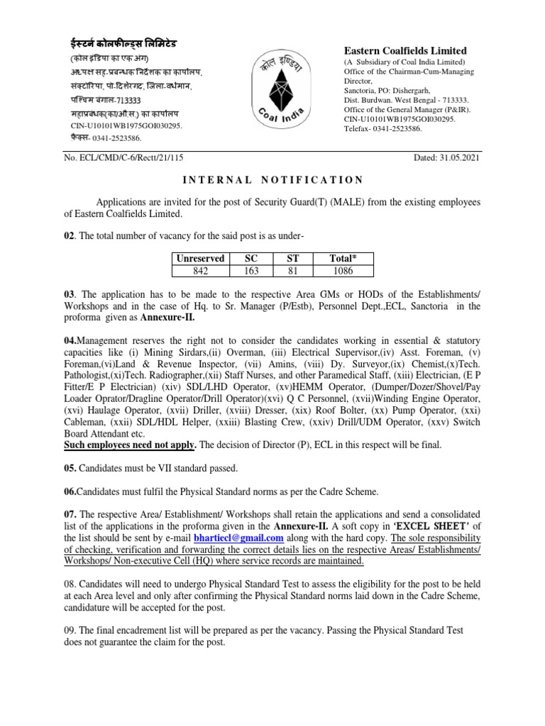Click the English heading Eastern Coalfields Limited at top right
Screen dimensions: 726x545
pyautogui.click(x=405, y=50)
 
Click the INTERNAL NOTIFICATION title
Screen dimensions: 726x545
pyautogui.click(x=272, y=180)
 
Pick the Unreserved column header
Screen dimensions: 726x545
pyautogui.click(x=200, y=259)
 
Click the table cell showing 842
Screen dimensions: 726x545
pyautogui.click(x=200, y=271)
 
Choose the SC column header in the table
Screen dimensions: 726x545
pyautogui.click(x=251, y=259)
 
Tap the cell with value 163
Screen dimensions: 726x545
pyautogui.click(x=251, y=271)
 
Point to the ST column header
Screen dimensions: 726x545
pyautogui.click(x=292, y=259)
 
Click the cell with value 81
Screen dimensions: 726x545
pyautogui.click(x=292, y=271)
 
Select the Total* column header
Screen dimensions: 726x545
pyautogui.click(x=343, y=259)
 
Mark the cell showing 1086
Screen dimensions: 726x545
pyautogui.click(x=343, y=271)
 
